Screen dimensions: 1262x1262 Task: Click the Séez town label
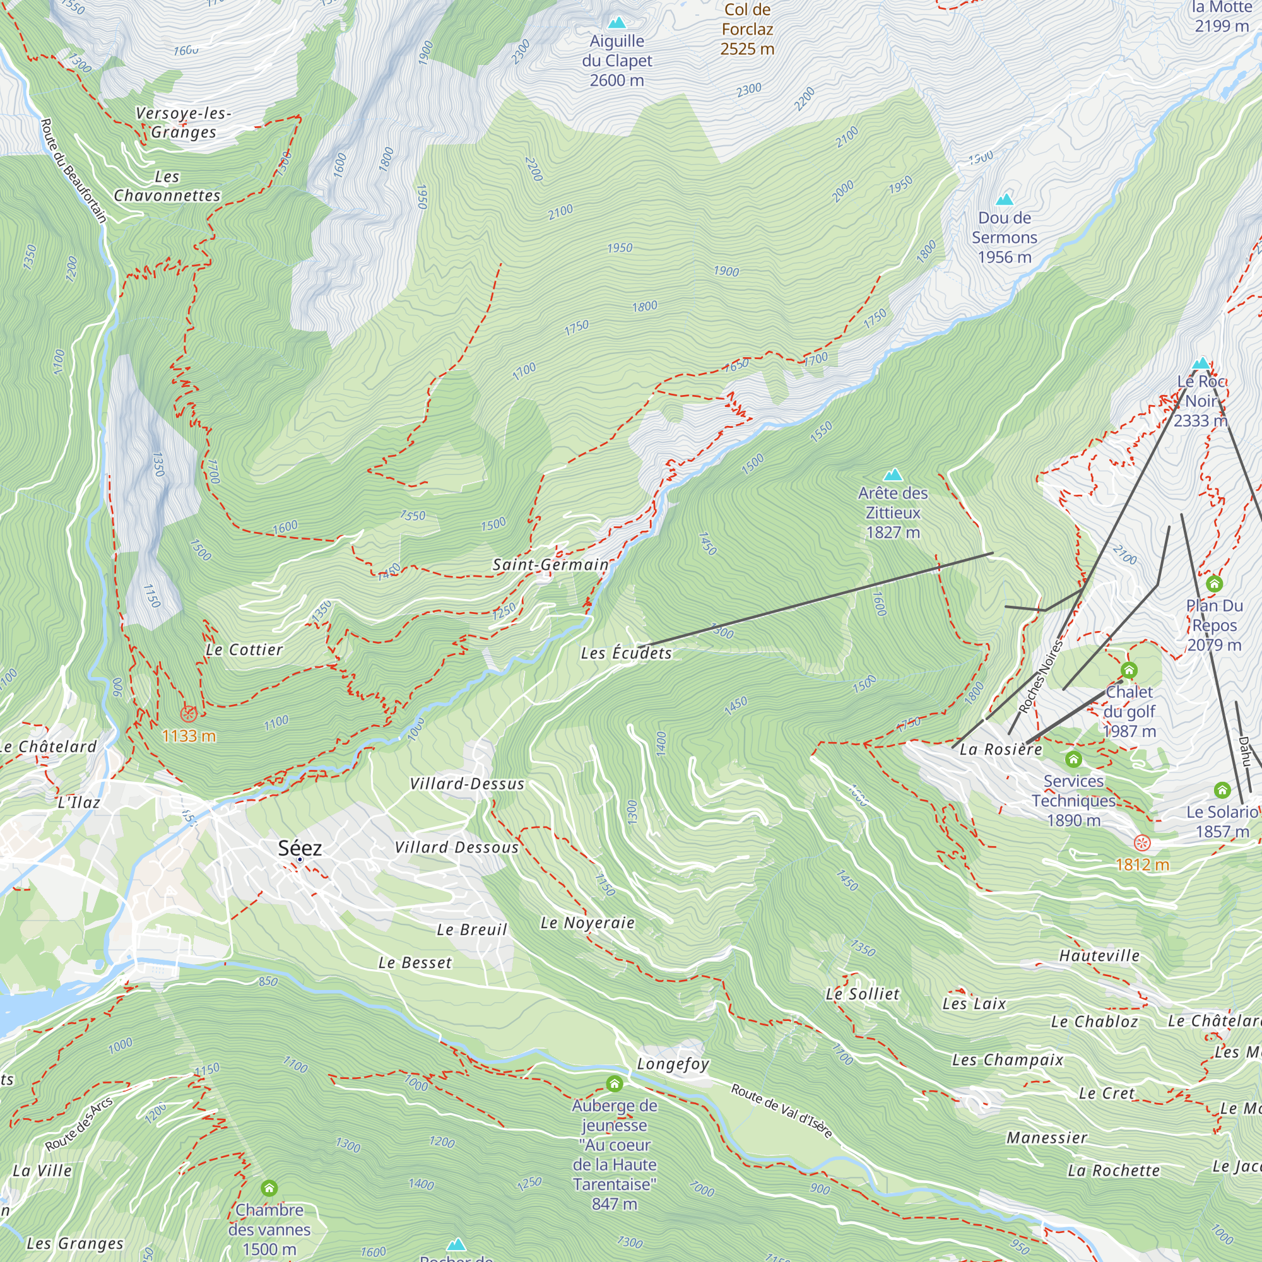pos(300,848)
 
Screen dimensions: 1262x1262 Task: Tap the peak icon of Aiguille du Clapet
pos(616,23)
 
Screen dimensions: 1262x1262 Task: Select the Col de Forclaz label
pos(747,29)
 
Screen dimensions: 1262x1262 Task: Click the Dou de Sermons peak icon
pos(1005,199)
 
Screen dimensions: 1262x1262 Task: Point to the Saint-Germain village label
pos(550,564)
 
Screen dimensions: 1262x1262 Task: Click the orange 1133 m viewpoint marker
pos(189,713)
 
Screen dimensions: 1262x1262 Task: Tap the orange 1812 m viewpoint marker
pos(1142,842)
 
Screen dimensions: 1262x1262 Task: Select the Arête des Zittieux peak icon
pos(892,475)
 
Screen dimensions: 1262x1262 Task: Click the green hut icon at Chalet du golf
pos(1129,670)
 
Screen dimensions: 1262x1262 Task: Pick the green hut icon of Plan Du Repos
pos(1213,583)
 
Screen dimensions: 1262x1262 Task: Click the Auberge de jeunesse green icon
pos(614,1083)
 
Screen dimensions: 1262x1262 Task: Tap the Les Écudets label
pos(626,653)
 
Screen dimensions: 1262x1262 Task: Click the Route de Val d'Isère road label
pos(781,1111)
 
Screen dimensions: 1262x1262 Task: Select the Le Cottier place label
pos(244,649)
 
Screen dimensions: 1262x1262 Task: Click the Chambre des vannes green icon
pos(269,1188)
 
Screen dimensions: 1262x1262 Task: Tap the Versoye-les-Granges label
pos(184,122)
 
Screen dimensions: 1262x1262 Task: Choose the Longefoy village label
pos(673,1064)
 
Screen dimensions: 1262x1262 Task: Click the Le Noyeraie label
pos(587,923)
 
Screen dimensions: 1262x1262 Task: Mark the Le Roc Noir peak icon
pos(1201,363)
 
